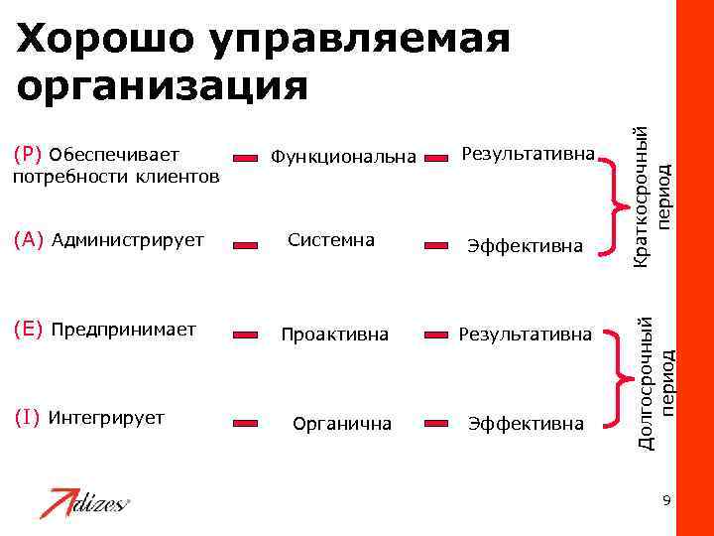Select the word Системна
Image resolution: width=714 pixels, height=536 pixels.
(331, 239)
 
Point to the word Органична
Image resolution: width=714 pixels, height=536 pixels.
(342, 424)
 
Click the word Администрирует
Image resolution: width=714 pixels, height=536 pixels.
(127, 239)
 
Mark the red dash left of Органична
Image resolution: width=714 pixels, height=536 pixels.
(247, 424)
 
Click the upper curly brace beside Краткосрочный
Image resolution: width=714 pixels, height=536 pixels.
(613, 203)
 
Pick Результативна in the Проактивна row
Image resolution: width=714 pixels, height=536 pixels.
(526, 335)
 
